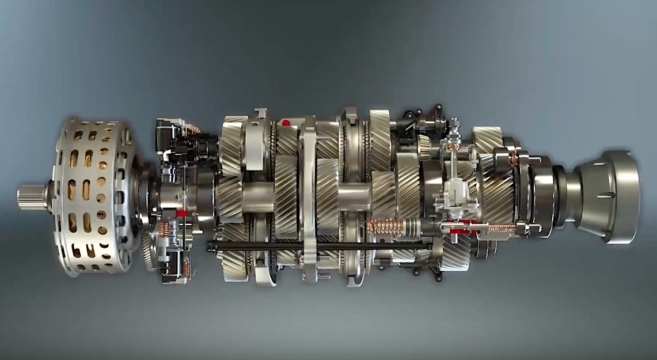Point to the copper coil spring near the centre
[384, 227]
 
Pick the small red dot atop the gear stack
[286, 123]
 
